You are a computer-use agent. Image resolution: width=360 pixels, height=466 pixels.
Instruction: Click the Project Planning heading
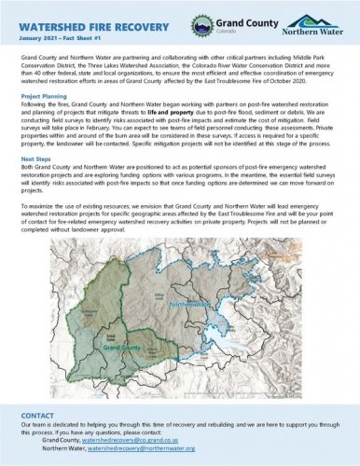(x=44, y=95)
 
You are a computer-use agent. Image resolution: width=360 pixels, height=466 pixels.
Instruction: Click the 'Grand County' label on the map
(x=122, y=347)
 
